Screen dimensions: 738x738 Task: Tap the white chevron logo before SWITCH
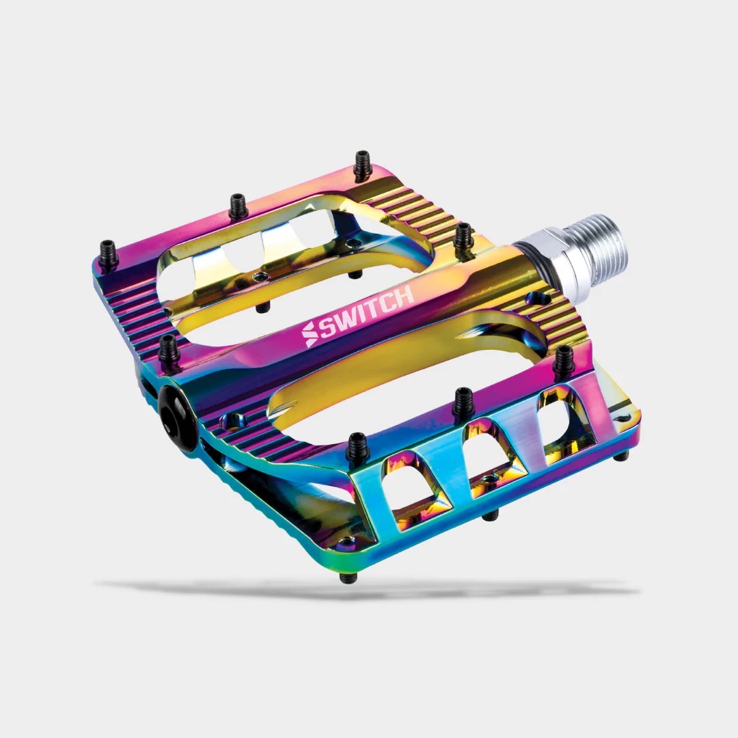point(310,334)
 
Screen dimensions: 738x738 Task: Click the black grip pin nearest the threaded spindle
point(464,236)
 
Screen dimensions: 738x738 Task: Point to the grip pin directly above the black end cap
point(169,350)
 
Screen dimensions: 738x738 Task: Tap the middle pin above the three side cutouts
point(463,403)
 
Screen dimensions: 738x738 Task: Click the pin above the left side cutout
point(357,448)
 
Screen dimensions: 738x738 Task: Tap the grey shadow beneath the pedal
point(369,588)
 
